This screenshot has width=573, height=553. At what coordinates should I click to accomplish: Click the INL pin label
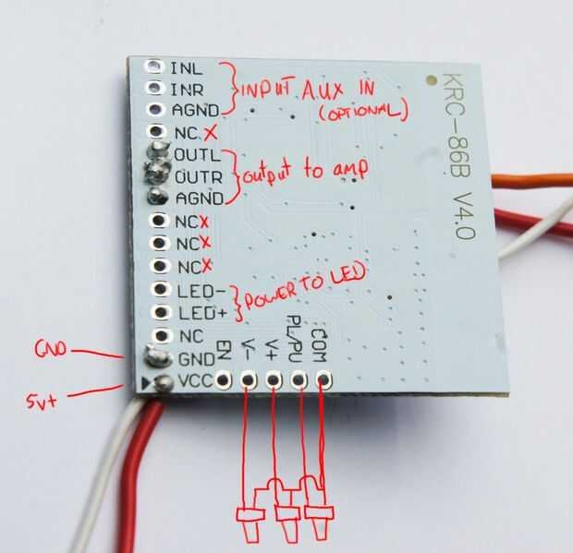186,68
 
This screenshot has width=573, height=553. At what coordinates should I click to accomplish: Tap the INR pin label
187,89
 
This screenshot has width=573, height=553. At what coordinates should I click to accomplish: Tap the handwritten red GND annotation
48,348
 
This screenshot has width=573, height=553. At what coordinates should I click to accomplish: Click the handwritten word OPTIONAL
363,113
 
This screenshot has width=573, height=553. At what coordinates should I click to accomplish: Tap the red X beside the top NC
212,131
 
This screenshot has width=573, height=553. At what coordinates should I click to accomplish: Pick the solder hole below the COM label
323,379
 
